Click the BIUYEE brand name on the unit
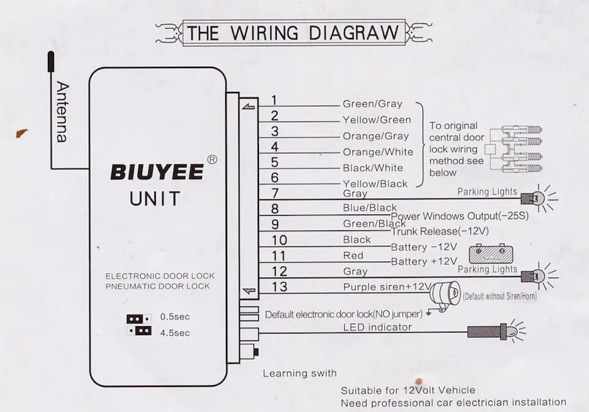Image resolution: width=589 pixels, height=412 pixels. pyautogui.click(x=156, y=172)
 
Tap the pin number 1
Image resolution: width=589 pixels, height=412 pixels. pyautogui.click(x=274, y=101)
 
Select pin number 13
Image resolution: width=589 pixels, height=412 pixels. pyautogui.click(x=279, y=286)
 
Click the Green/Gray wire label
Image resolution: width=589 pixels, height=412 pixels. pyautogui.click(x=372, y=104)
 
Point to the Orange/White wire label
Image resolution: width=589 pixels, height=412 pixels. pyautogui.click(x=378, y=152)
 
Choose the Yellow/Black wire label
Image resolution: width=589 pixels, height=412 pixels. pyautogui.click(x=375, y=184)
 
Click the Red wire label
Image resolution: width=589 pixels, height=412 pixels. pyautogui.click(x=353, y=256)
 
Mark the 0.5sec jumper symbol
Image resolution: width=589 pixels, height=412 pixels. pyautogui.click(x=139, y=319)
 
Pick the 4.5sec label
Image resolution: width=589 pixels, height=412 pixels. pyautogui.click(x=175, y=333)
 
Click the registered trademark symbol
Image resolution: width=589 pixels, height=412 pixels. pyautogui.click(x=212, y=159)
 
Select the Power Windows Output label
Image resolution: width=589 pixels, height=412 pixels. pyautogui.click(x=459, y=216)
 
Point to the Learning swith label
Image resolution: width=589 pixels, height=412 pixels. pyautogui.click(x=299, y=373)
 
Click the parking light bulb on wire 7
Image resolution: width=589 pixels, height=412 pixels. pyautogui.click(x=535, y=198)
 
